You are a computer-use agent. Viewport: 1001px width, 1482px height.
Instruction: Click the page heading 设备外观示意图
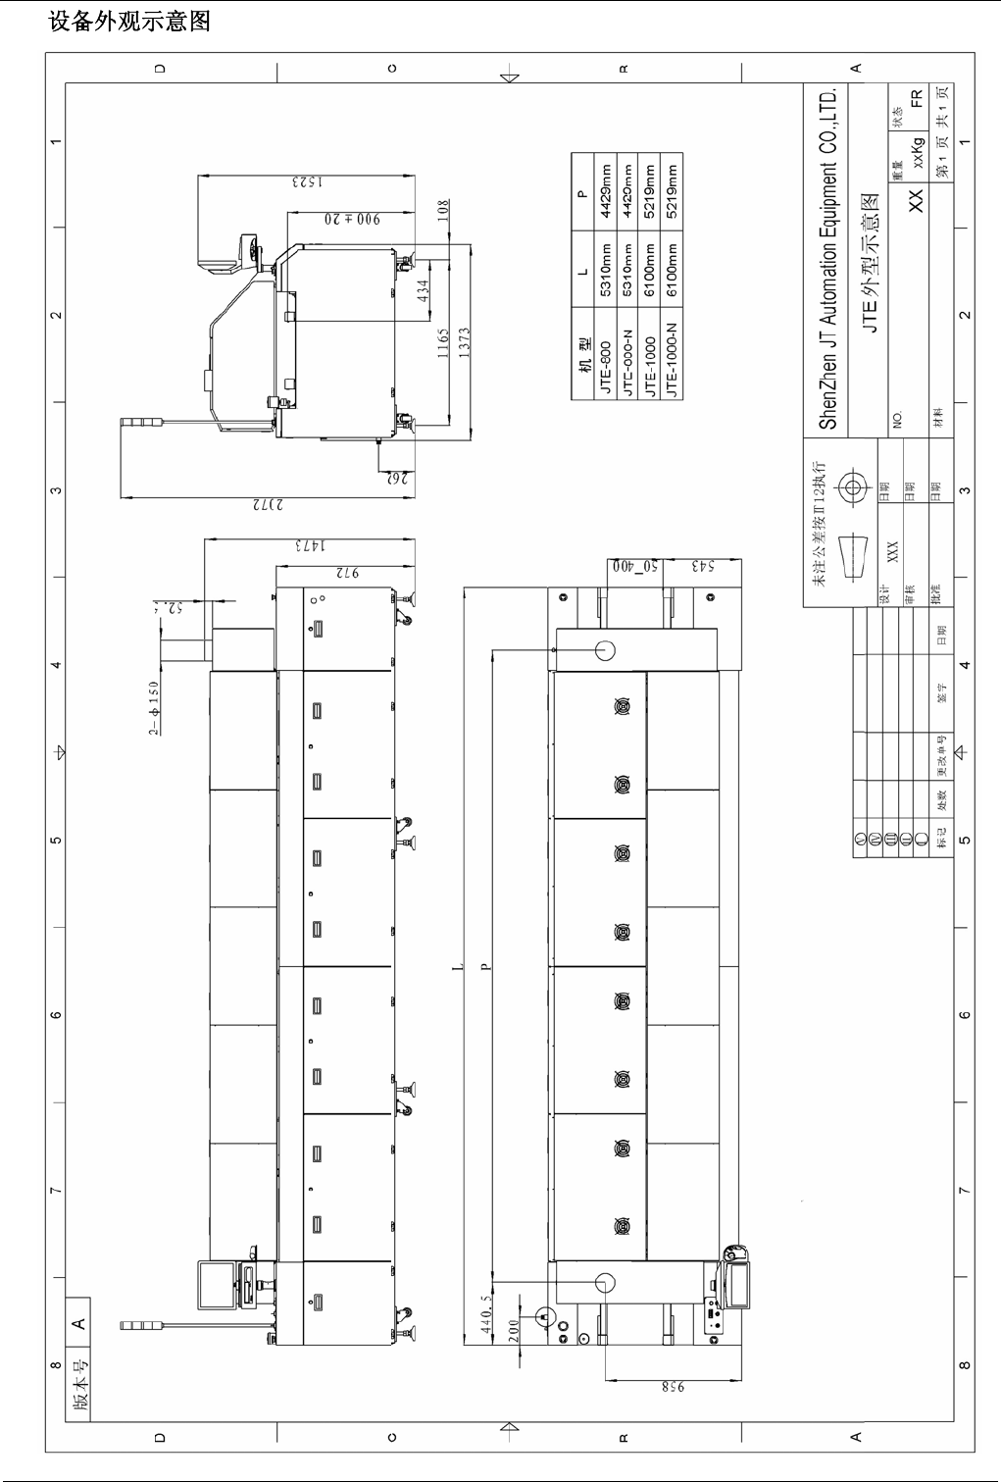(x=129, y=20)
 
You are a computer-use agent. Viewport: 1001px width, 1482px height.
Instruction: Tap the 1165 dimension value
(x=445, y=344)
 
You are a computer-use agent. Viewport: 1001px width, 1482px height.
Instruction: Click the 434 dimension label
(x=423, y=292)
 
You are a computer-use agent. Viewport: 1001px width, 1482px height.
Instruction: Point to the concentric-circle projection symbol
(x=850, y=487)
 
